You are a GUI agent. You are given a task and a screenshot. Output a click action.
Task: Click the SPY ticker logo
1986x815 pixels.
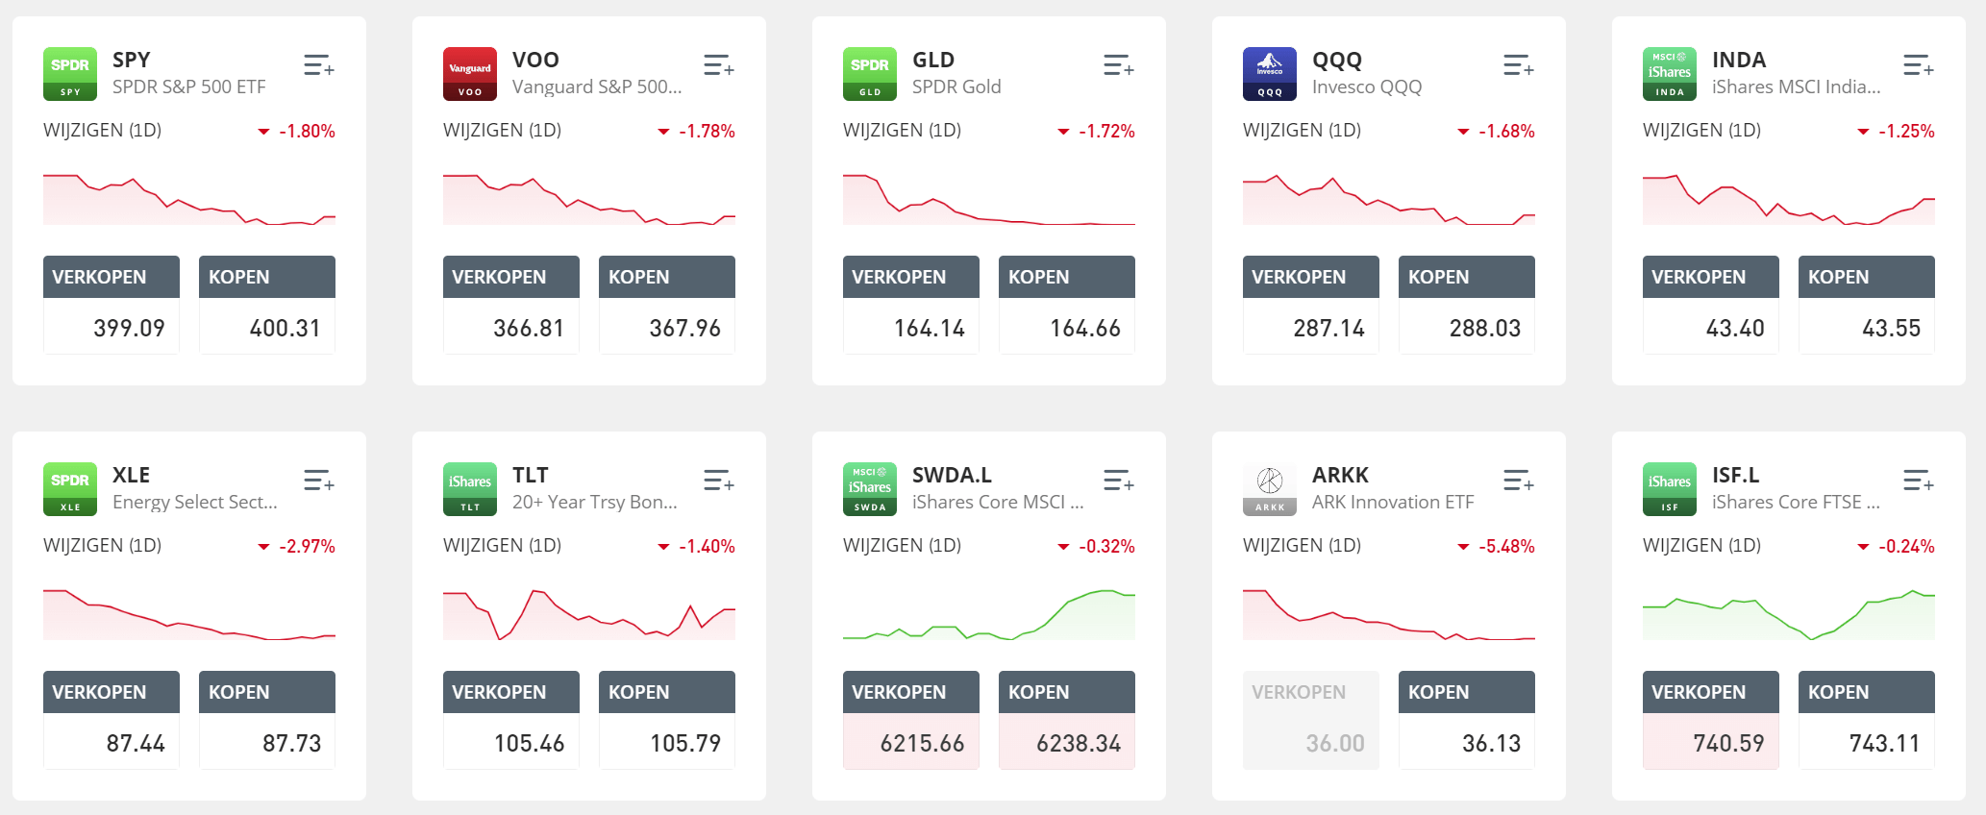pyautogui.click(x=70, y=74)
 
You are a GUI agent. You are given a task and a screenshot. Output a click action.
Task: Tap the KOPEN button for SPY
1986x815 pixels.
pyautogui.click(x=266, y=277)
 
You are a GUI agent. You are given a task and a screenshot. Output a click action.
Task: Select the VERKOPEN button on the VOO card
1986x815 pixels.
pyautogui.click(x=510, y=277)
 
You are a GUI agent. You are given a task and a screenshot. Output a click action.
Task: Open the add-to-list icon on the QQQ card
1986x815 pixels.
pyautogui.click(x=1518, y=66)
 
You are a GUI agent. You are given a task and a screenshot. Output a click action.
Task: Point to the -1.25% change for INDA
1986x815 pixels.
pyautogui.click(x=1906, y=131)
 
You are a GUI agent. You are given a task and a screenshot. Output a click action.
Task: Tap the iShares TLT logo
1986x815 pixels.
pyautogui.click(x=470, y=489)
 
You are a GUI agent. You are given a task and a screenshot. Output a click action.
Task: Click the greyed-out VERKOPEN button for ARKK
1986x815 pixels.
pyautogui.click(x=1310, y=692)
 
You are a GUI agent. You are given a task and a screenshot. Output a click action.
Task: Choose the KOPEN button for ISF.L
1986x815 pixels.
pyautogui.click(x=1866, y=692)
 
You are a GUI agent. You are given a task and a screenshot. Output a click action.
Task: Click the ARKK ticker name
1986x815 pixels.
pyautogui.click(x=1340, y=475)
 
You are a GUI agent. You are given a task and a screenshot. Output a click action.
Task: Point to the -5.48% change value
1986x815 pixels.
pyautogui.click(x=1506, y=546)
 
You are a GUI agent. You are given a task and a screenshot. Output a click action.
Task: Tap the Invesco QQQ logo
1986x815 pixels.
pyautogui.click(x=1270, y=74)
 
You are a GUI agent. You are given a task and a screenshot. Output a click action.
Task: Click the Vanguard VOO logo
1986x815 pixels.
pyautogui.click(x=470, y=74)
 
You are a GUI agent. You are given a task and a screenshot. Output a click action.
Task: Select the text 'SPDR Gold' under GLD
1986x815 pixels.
pyautogui.click(x=956, y=86)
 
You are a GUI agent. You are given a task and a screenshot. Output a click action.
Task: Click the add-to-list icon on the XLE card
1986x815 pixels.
pyautogui.click(x=318, y=481)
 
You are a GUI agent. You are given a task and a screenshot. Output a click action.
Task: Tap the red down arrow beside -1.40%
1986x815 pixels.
pyautogui.click(x=663, y=547)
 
